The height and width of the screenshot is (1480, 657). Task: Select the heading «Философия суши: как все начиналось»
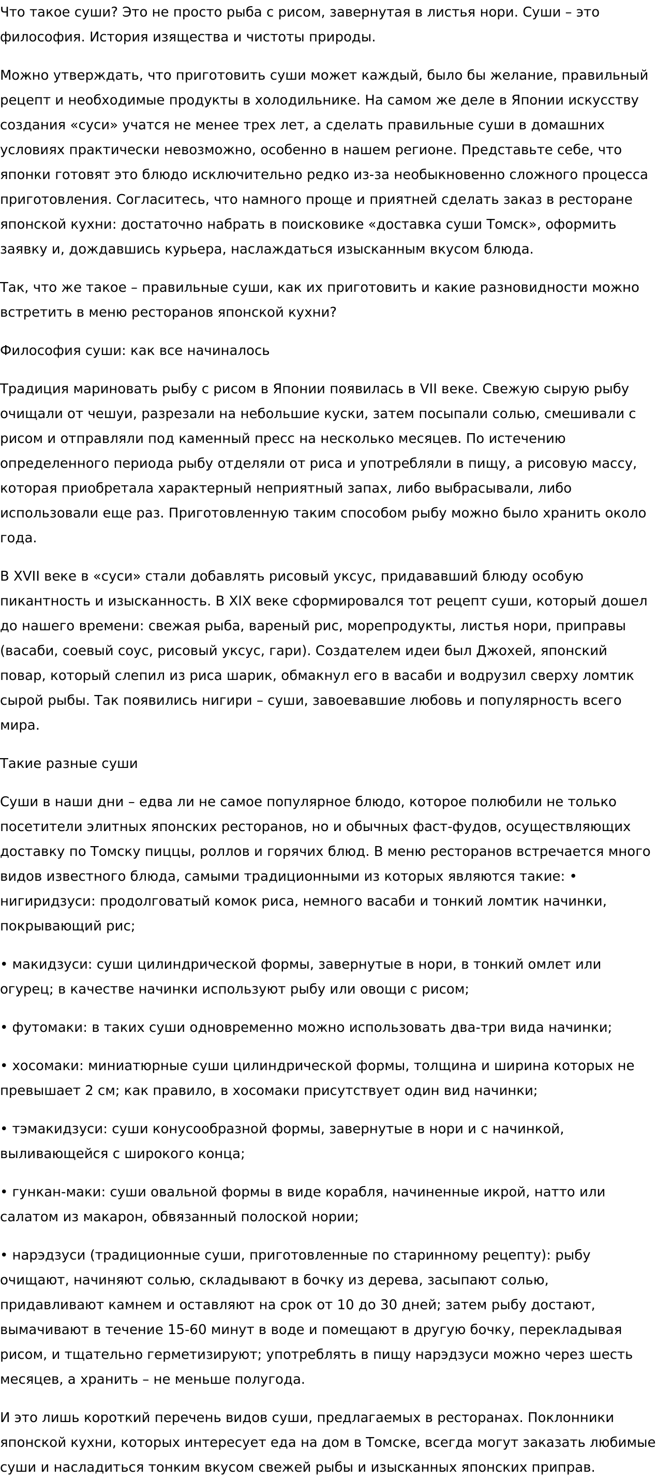tap(135, 350)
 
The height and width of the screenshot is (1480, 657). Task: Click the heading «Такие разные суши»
tap(69, 764)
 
